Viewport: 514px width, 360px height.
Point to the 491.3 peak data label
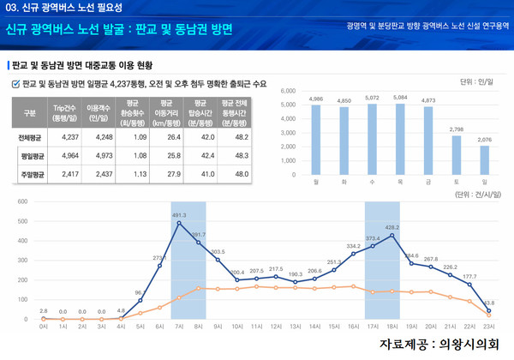(179, 216)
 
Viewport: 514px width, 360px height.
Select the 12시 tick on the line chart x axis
(276, 327)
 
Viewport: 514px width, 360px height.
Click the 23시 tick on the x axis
(488, 327)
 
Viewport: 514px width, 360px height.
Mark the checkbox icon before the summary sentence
(15, 84)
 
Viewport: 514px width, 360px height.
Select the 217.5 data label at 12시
(276, 269)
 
